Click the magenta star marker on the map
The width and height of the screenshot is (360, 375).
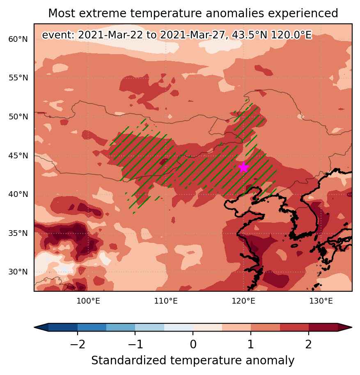pos(243,167)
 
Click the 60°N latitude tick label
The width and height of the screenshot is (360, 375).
pos(18,39)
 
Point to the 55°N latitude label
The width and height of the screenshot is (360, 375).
pos(18,78)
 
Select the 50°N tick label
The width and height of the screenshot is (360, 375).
pos(18,117)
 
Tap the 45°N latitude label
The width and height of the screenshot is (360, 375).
pos(18,155)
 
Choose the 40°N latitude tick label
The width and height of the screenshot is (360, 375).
pos(18,194)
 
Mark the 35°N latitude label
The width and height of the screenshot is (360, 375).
pos(18,233)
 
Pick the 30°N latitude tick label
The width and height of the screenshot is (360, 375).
pos(18,272)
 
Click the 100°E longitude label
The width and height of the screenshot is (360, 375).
pos(88,301)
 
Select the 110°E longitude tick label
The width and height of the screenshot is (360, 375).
pos(166,301)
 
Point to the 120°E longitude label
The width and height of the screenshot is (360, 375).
pos(243,301)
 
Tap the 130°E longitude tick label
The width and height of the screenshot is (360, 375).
pos(321,301)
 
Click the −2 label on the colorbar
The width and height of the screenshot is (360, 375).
pos(78,345)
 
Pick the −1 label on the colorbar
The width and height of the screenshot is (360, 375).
pos(135,345)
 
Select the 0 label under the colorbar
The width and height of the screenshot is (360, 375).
pos(193,345)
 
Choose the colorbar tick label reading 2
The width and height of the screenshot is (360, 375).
pos(309,345)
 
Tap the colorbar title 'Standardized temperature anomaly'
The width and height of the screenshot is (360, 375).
pos(193,360)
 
